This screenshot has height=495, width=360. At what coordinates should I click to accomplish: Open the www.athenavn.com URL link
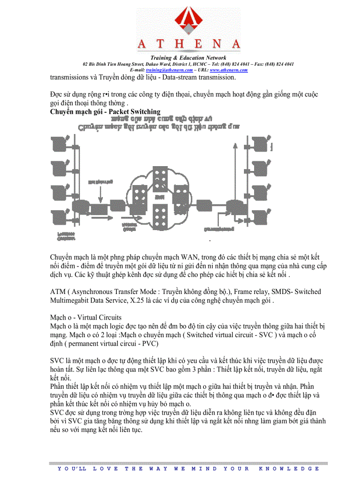(x=229, y=70)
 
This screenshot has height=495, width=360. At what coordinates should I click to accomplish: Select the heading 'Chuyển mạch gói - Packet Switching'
(x=105, y=112)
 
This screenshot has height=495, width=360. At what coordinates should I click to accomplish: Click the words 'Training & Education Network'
(x=188, y=58)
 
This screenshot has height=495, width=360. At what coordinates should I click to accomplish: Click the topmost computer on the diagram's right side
(x=259, y=143)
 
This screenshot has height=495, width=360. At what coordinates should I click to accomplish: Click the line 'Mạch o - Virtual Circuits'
(x=86, y=317)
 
